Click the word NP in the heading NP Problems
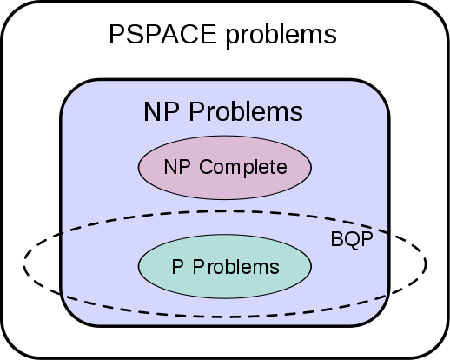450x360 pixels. (x=162, y=112)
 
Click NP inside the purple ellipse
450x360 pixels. (x=177, y=167)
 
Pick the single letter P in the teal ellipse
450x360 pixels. (x=177, y=267)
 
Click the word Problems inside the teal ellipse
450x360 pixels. (x=236, y=267)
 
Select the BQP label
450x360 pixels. (x=351, y=240)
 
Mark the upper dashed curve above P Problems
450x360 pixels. (x=224, y=211)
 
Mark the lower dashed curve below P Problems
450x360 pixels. (x=224, y=316)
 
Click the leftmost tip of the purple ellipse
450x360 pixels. (x=140, y=167)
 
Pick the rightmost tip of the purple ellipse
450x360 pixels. (x=310, y=167)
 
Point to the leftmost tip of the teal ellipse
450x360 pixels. (x=140, y=266)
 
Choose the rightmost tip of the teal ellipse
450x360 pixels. (x=310, y=266)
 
